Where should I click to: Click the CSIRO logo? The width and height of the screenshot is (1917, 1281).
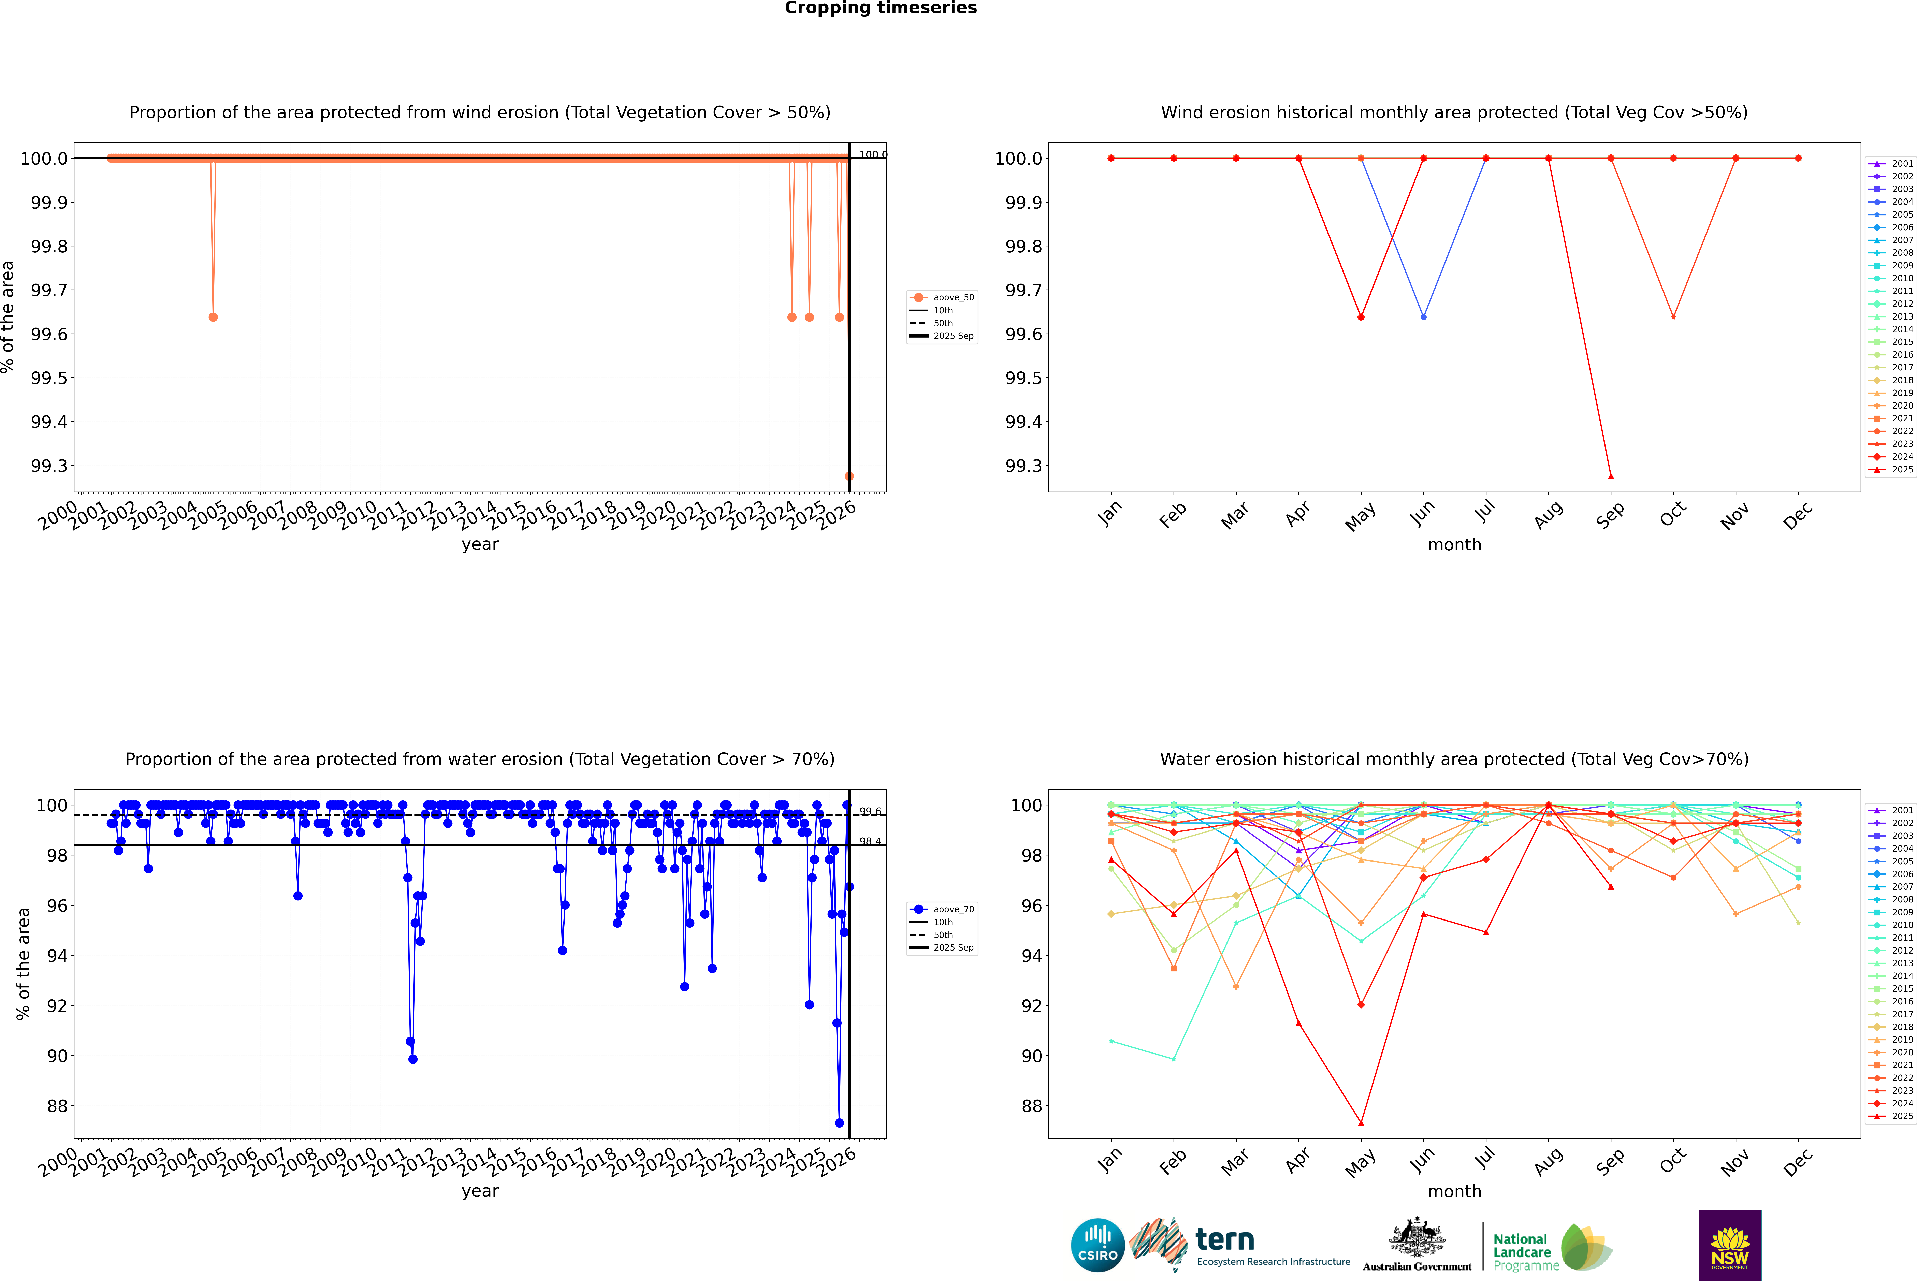pyautogui.click(x=1098, y=1245)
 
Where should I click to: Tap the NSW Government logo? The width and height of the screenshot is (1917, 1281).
pyautogui.click(x=1730, y=1245)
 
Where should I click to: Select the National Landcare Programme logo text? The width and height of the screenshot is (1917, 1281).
pyautogui.click(x=1522, y=1252)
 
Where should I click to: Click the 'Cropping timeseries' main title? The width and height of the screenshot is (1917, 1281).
pyautogui.click(x=880, y=8)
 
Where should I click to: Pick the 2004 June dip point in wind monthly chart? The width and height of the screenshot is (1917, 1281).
pyautogui.click(x=1423, y=317)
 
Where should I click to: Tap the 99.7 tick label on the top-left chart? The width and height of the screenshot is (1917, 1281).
pyautogui.click(x=49, y=290)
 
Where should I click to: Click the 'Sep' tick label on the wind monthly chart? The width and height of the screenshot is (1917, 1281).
pyautogui.click(x=1610, y=515)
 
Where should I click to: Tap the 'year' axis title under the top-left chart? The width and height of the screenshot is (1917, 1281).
pyautogui.click(x=480, y=544)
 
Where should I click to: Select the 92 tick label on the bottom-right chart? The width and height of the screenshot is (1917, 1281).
pyautogui.click(x=1031, y=1006)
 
